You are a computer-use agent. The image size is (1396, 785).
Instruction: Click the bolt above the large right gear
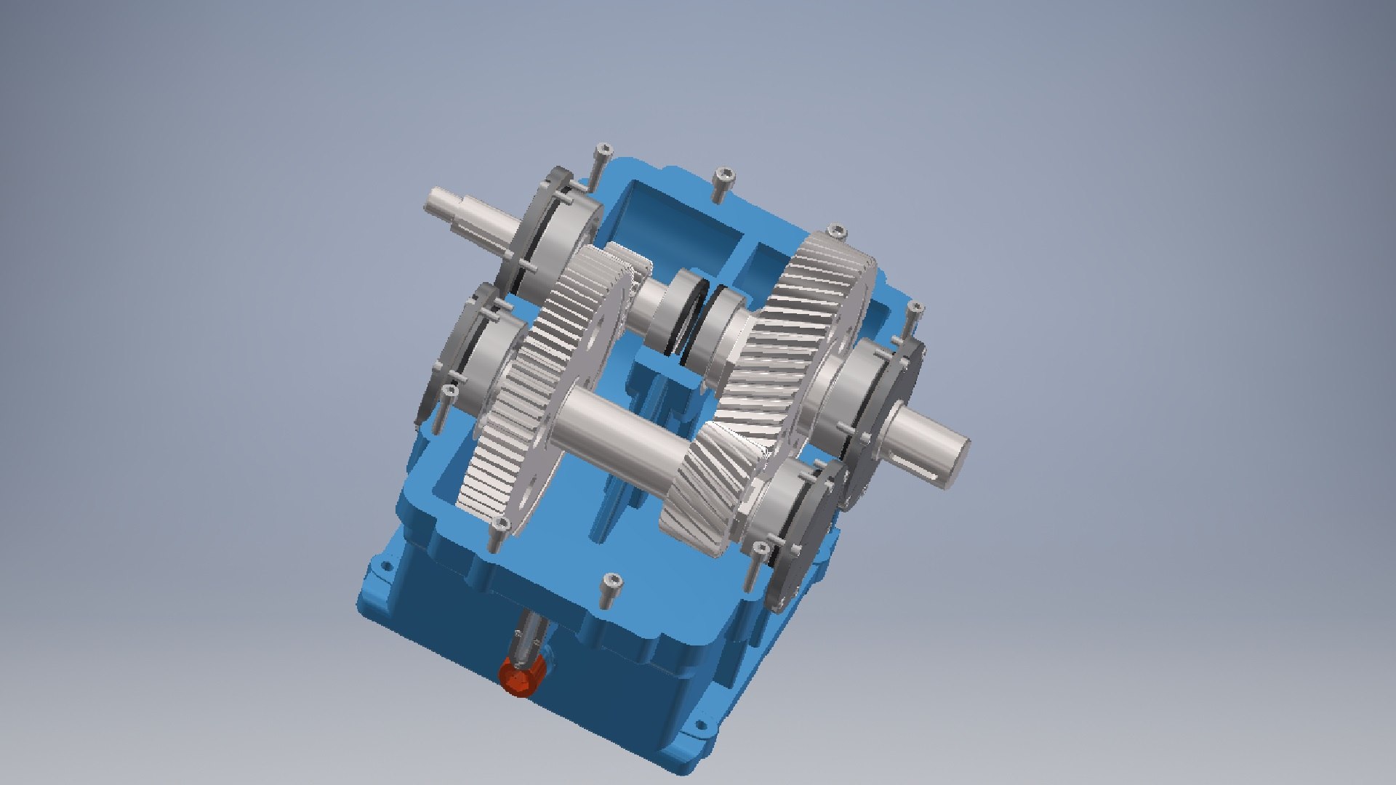tap(838, 233)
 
